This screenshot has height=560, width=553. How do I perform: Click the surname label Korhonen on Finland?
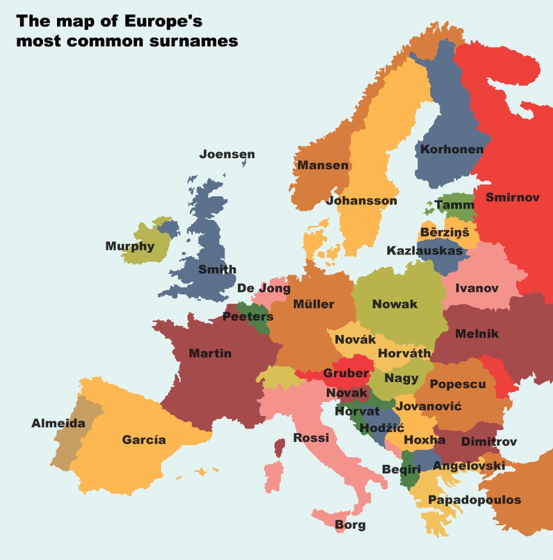point(451,149)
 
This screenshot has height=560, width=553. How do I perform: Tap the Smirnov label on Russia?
point(512,198)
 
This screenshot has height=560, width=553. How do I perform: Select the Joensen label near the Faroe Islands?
point(227,154)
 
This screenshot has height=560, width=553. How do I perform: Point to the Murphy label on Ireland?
point(129,246)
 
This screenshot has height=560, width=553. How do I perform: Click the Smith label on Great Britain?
point(217,270)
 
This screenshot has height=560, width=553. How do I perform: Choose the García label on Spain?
point(144,440)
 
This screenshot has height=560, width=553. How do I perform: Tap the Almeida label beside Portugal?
point(58,423)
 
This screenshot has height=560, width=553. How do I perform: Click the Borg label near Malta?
point(350,525)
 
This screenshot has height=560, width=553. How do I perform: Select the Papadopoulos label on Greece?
point(474,500)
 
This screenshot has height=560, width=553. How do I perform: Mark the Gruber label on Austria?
point(346,374)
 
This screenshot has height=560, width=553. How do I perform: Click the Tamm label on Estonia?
point(454,205)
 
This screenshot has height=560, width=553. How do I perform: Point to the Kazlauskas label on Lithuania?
point(424,250)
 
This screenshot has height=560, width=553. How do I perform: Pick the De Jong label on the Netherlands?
point(264,288)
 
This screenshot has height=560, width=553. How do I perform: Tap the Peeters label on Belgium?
point(248,317)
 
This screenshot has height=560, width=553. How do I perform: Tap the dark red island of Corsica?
point(280,447)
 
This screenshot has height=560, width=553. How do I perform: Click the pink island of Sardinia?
point(273,478)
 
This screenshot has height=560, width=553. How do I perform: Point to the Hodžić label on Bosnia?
point(381,426)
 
